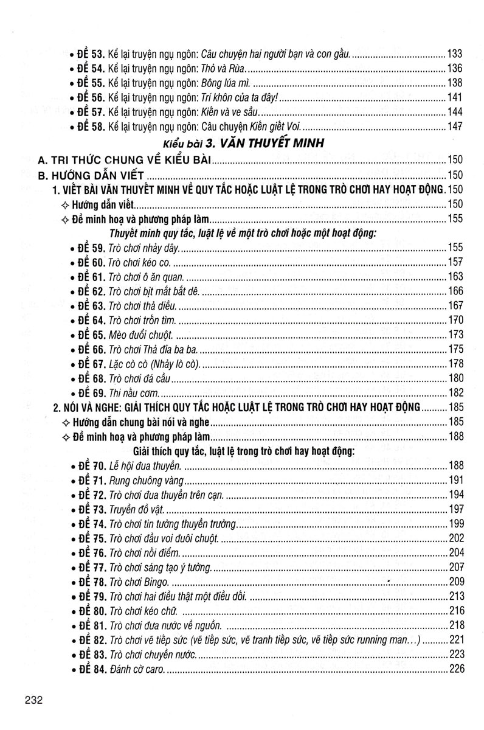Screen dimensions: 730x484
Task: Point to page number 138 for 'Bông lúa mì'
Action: point(455,83)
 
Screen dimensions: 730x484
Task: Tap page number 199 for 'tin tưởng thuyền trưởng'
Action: point(455,524)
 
